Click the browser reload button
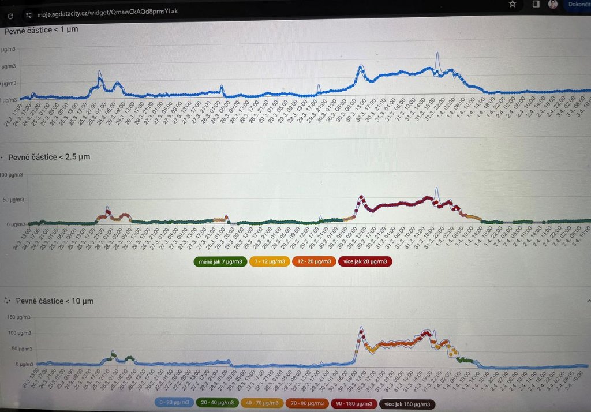pyautogui.click(x=10, y=16)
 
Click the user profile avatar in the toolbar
pyautogui.click(x=552, y=4)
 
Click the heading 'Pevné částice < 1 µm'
pyautogui.click(x=41, y=29)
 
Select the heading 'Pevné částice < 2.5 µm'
pyautogui.click(x=49, y=156)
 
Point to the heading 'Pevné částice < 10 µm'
pyautogui.click(x=55, y=301)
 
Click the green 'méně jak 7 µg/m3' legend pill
pyautogui.click(x=219, y=261)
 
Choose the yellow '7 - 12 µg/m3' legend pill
pyautogui.click(x=270, y=261)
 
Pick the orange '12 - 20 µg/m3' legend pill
pyautogui.click(x=314, y=261)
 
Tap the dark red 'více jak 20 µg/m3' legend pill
pyautogui.click(x=365, y=261)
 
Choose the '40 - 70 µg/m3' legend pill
pyautogui.click(x=261, y=403)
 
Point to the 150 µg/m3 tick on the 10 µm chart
pyautogui.click(x=17, y=317)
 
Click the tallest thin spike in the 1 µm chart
pyautogui.click(x=437, y=54)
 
